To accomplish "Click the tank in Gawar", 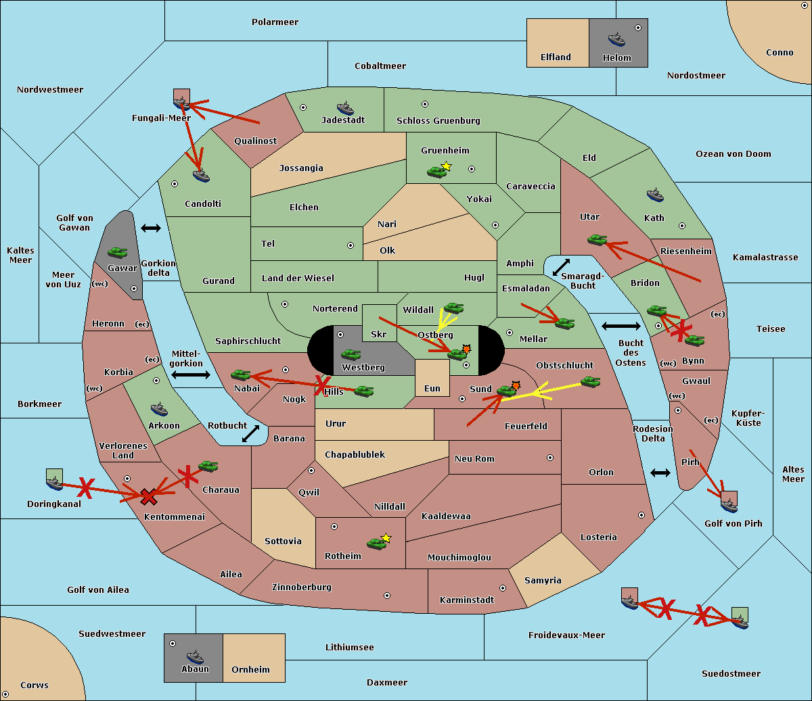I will tap(118, 252).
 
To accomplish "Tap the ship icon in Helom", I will tap(616, 39).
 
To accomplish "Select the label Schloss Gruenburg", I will tap(438, 121).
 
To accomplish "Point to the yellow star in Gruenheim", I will tap(446, 166).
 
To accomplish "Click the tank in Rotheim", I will tap(376, 543).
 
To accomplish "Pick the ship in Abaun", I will tap(195, 656).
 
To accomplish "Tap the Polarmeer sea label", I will tap(275, 22).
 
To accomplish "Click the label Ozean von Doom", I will tap(733, 154).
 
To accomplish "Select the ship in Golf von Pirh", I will tap(728, 504).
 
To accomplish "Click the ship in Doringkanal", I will tap(54, 482).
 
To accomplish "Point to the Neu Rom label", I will tap(474, 459).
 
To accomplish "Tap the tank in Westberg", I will tap(351, 354).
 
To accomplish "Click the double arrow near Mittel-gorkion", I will tap(190, 374).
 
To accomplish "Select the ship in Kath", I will tap(654, 195).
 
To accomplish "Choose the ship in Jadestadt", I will tap(345, 108).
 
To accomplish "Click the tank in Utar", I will tap(597, 239).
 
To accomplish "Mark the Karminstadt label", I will tap(466, 600).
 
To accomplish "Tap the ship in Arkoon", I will tap(159, 408).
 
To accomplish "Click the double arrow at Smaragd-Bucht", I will tap(561, 267).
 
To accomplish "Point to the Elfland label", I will tap(556, 57).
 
